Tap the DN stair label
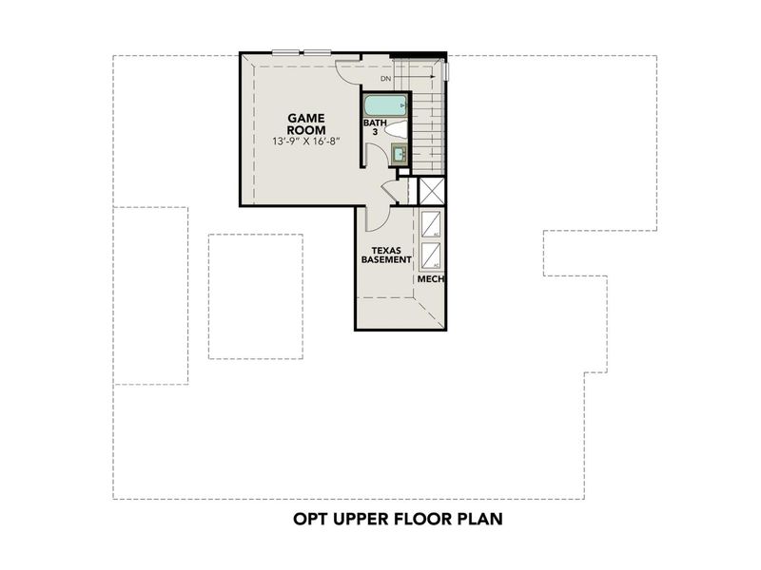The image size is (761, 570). point(386,79)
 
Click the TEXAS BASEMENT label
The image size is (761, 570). point(384,254)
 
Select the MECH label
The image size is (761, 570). point(431,280)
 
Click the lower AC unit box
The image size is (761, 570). point(431,256)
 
